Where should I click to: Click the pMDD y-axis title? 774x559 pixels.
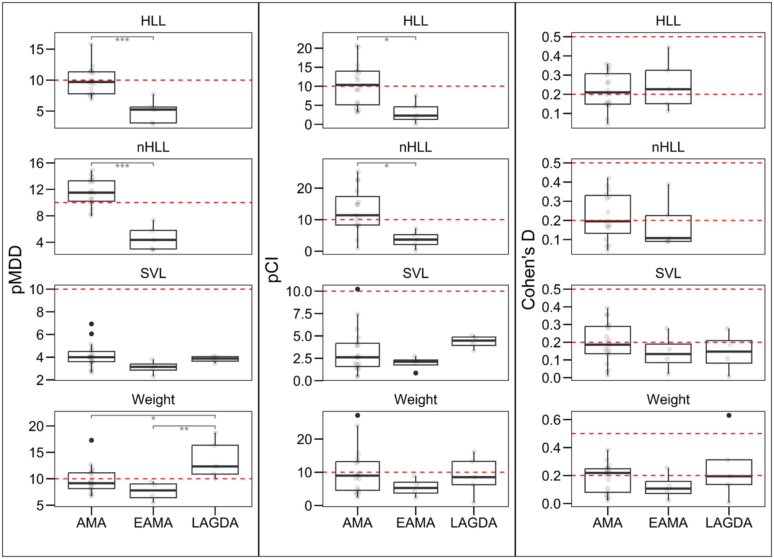(16, 269)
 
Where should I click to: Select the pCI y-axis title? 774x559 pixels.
(274, 269)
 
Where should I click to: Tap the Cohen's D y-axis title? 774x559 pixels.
(528, 269)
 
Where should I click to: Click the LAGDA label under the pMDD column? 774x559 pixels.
(215, 523)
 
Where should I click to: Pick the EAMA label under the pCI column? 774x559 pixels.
(416, 523)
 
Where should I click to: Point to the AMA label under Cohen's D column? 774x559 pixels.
(607, 523)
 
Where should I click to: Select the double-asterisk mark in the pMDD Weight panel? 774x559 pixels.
(184, 429)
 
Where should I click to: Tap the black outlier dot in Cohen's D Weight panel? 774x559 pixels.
(729, 415)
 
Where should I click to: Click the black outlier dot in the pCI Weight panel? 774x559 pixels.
(358, 415)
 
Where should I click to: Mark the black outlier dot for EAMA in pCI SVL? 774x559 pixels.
(416, 373)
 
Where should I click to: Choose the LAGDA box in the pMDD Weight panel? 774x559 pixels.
(215, 460)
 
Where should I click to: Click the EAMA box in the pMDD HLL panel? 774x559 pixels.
(153, 115)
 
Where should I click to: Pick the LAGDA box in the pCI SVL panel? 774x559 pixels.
(474, 341)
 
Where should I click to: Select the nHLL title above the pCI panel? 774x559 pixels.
(415, 147)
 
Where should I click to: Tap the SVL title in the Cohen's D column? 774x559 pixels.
(668, 273)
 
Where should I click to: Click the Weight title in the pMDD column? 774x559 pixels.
(153, 399)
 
